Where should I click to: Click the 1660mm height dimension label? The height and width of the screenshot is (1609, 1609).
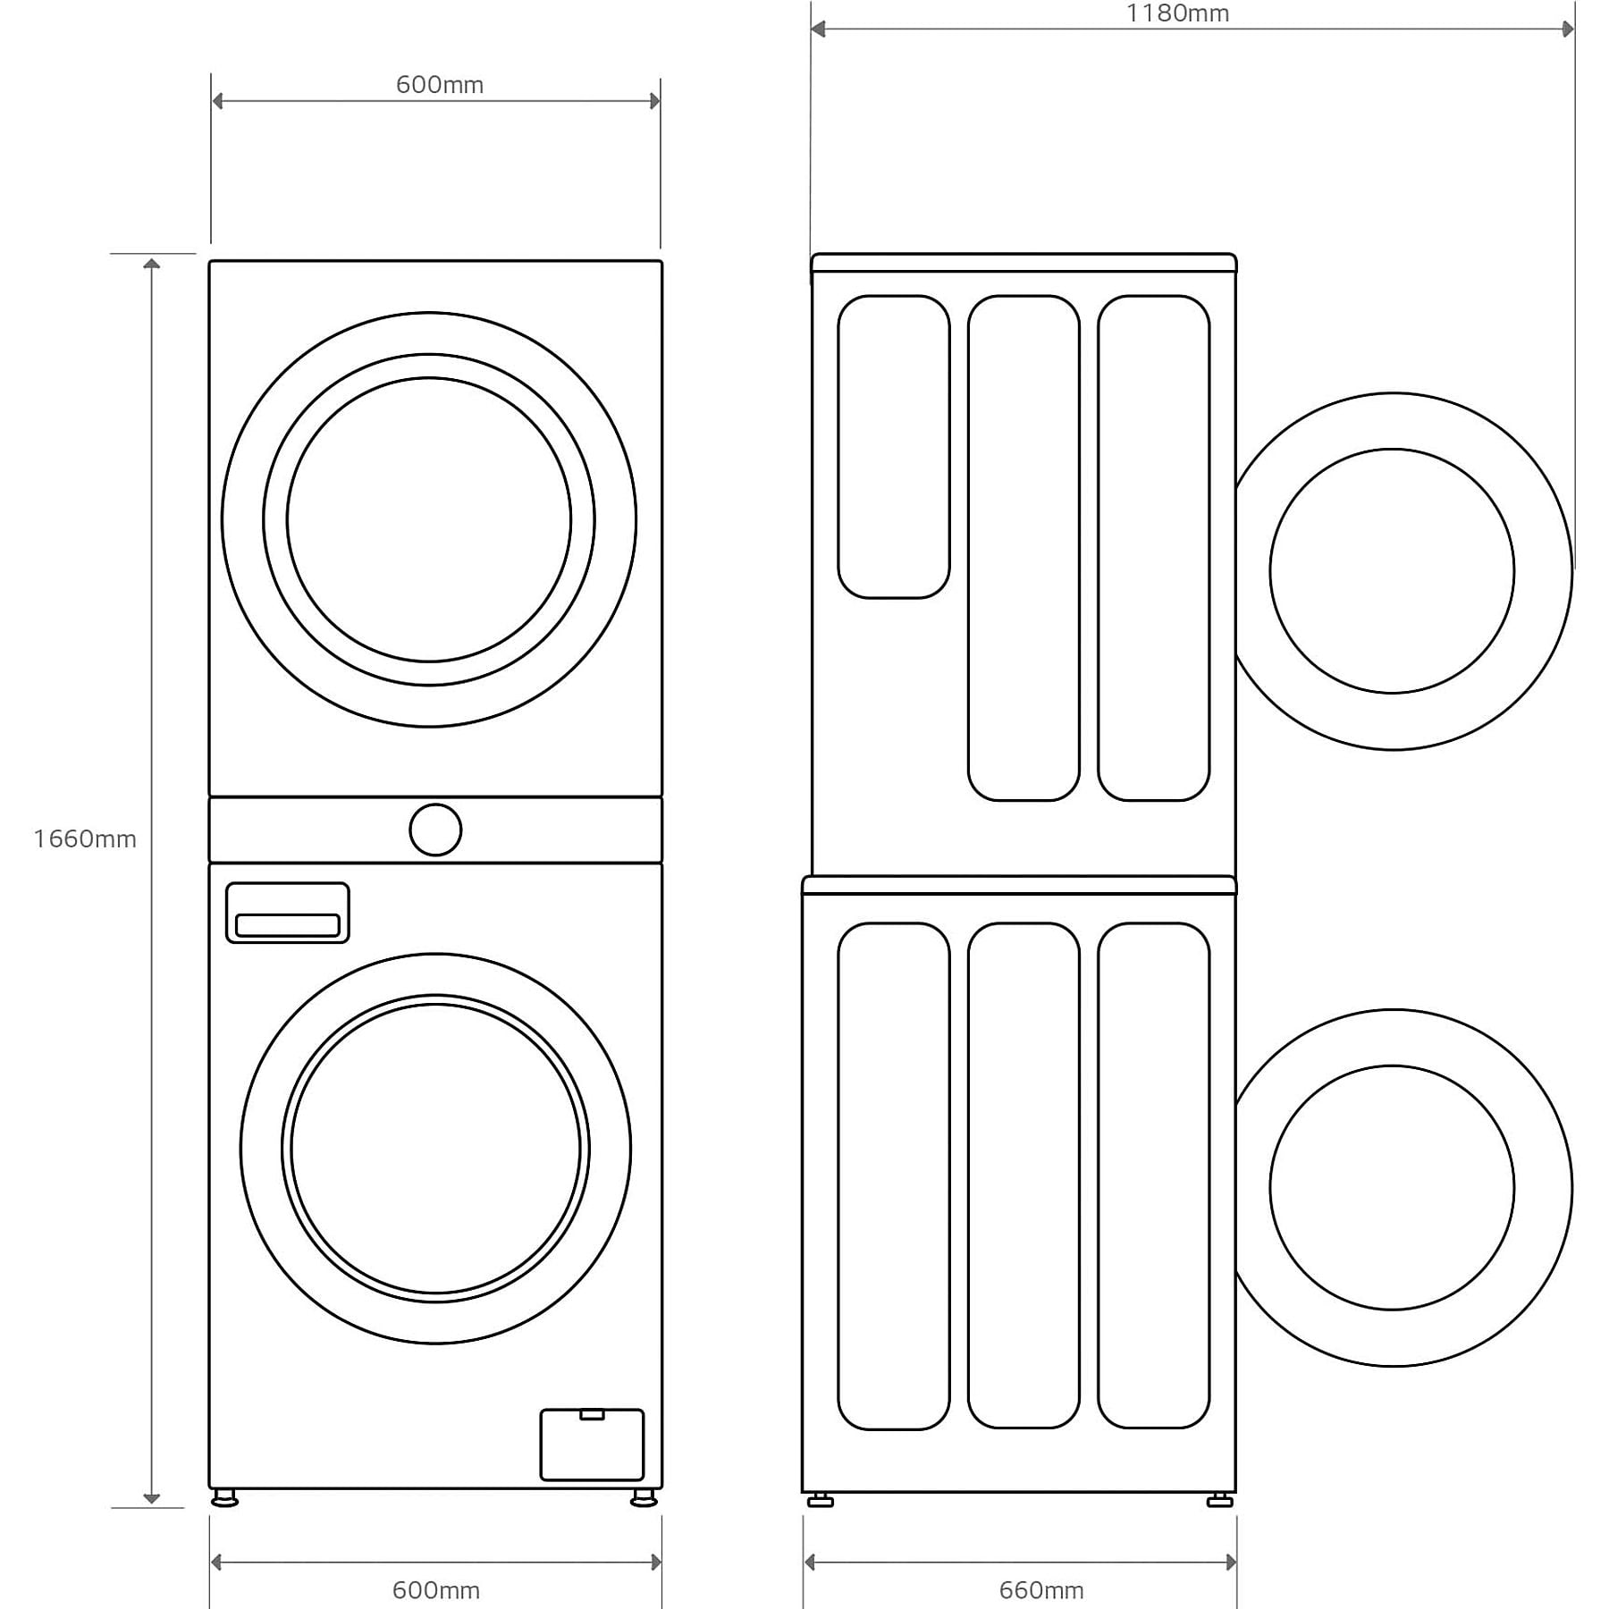coord(85,838)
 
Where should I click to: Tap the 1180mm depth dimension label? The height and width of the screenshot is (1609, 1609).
coord(1177,13)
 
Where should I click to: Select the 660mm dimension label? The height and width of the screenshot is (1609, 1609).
coord(1041,1590)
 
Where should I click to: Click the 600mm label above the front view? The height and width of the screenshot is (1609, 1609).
coord(440,85)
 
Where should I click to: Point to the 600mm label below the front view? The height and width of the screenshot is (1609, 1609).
coord(436,1590)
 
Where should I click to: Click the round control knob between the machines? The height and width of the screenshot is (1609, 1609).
coord(435,830)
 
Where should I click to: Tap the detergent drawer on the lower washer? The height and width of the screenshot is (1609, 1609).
coord(287,913)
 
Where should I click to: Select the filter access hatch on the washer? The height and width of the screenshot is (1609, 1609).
coord(592,1445)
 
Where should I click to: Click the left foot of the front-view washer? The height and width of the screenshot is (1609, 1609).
coord(224,1497)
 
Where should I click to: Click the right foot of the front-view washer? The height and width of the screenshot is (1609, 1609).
coord(644,1497)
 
